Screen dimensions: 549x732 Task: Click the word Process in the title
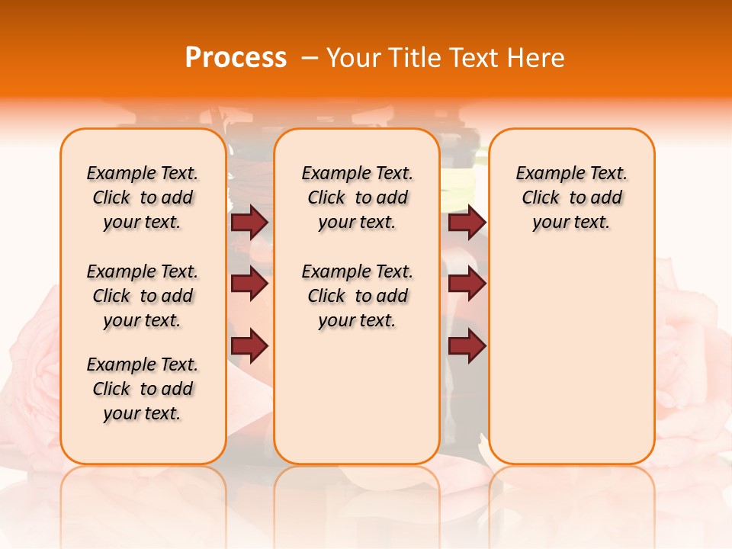click(x=236, y=58)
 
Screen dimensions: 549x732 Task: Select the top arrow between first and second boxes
click(x=249, y=222)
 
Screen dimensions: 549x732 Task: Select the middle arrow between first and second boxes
click(x=249, y=284)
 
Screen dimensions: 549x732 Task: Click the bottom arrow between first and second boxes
click(x=249, y=345)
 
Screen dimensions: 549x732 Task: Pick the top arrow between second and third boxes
click(x=467, y=222)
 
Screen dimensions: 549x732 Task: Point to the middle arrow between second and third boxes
click(x=467, y=284)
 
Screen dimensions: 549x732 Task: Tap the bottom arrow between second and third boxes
click(x=467, y=345)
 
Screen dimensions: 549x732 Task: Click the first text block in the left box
click(x=143, y=197)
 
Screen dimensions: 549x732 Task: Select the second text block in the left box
click(x=143, y=296)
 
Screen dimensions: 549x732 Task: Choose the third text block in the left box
click(x=143, y=389)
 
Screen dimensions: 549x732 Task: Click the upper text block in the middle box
click(x=357, y=197)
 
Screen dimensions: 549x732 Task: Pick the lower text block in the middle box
click(x=357, y=296)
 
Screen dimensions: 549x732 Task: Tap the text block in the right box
click(x=572, y=197)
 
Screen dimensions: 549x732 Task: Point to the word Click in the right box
click(x=541, y=198)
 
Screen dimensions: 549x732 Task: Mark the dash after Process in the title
click(x=309, y=58)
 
